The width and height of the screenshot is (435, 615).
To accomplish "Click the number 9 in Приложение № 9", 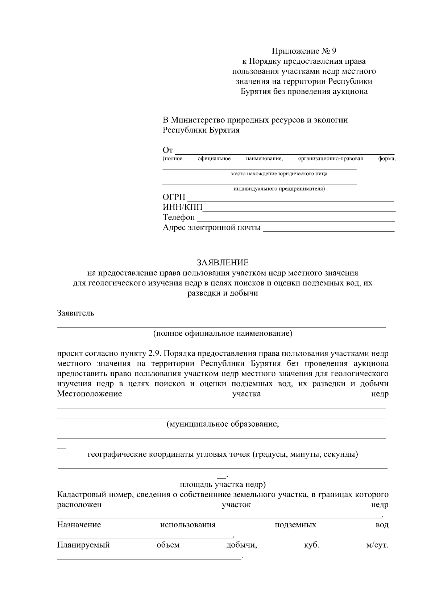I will [x=334, y=51].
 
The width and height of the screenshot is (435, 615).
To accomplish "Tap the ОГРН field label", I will [x=174, y=197].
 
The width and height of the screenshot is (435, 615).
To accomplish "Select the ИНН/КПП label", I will [x=183, y=207].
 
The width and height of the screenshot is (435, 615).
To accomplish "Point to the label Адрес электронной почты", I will [x=212, y=227].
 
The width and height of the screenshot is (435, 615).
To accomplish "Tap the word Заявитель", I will [x=76, y=313].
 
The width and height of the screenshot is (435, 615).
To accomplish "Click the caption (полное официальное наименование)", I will [x=223, y=333].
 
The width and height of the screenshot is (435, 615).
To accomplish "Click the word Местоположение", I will [x=90, y=394].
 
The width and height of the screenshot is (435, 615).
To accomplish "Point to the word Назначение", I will [x=79, y=525].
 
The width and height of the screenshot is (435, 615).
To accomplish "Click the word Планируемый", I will [x=83, y=545].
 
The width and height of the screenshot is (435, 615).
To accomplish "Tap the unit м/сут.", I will [x=377, y=545].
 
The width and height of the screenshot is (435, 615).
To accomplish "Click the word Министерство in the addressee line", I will [x=198, y=120].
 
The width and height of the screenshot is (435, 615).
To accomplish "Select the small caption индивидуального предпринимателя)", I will [x=279, y=189].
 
